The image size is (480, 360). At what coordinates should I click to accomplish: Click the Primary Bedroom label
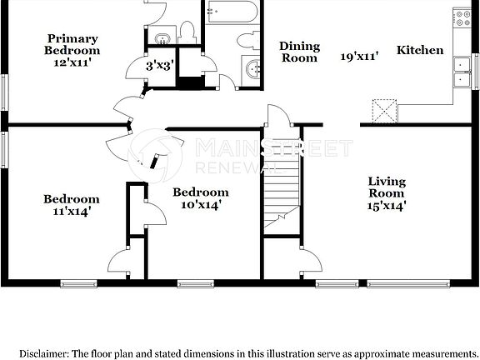click(x=72, y=44)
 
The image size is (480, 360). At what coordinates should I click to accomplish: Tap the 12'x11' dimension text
click(x=72, y=62)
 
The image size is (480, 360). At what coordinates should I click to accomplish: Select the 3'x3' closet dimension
click(x=160, y=65)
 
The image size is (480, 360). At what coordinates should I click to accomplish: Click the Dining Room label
click(x=298, y=52)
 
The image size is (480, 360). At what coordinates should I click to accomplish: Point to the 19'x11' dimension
click(x=360, y=57)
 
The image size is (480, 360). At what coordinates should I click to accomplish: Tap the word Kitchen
click(x=420, y=50)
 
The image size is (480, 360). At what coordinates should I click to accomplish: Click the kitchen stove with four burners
click(x=461, y=19)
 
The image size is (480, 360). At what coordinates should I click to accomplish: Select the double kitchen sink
click(x=461, y=72)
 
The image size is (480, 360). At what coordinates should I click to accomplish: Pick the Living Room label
click(x=387, y=187)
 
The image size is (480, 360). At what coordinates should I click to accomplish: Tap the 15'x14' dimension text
click(x=387, y=207)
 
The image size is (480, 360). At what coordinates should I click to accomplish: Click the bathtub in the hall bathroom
click(x=233, y=12)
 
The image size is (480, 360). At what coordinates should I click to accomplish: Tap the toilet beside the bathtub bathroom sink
click(x=247, y=39)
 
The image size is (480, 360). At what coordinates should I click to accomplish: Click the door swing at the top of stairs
click(x=278, y=117)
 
